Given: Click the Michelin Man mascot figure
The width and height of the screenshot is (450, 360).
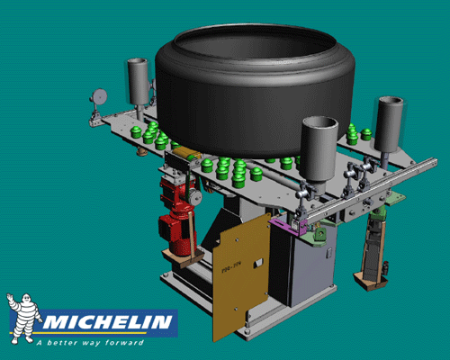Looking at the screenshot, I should (22, 315).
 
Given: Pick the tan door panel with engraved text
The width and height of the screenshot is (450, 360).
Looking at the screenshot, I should (241, 274).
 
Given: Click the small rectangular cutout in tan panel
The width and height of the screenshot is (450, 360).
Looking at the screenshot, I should (258, 263).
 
